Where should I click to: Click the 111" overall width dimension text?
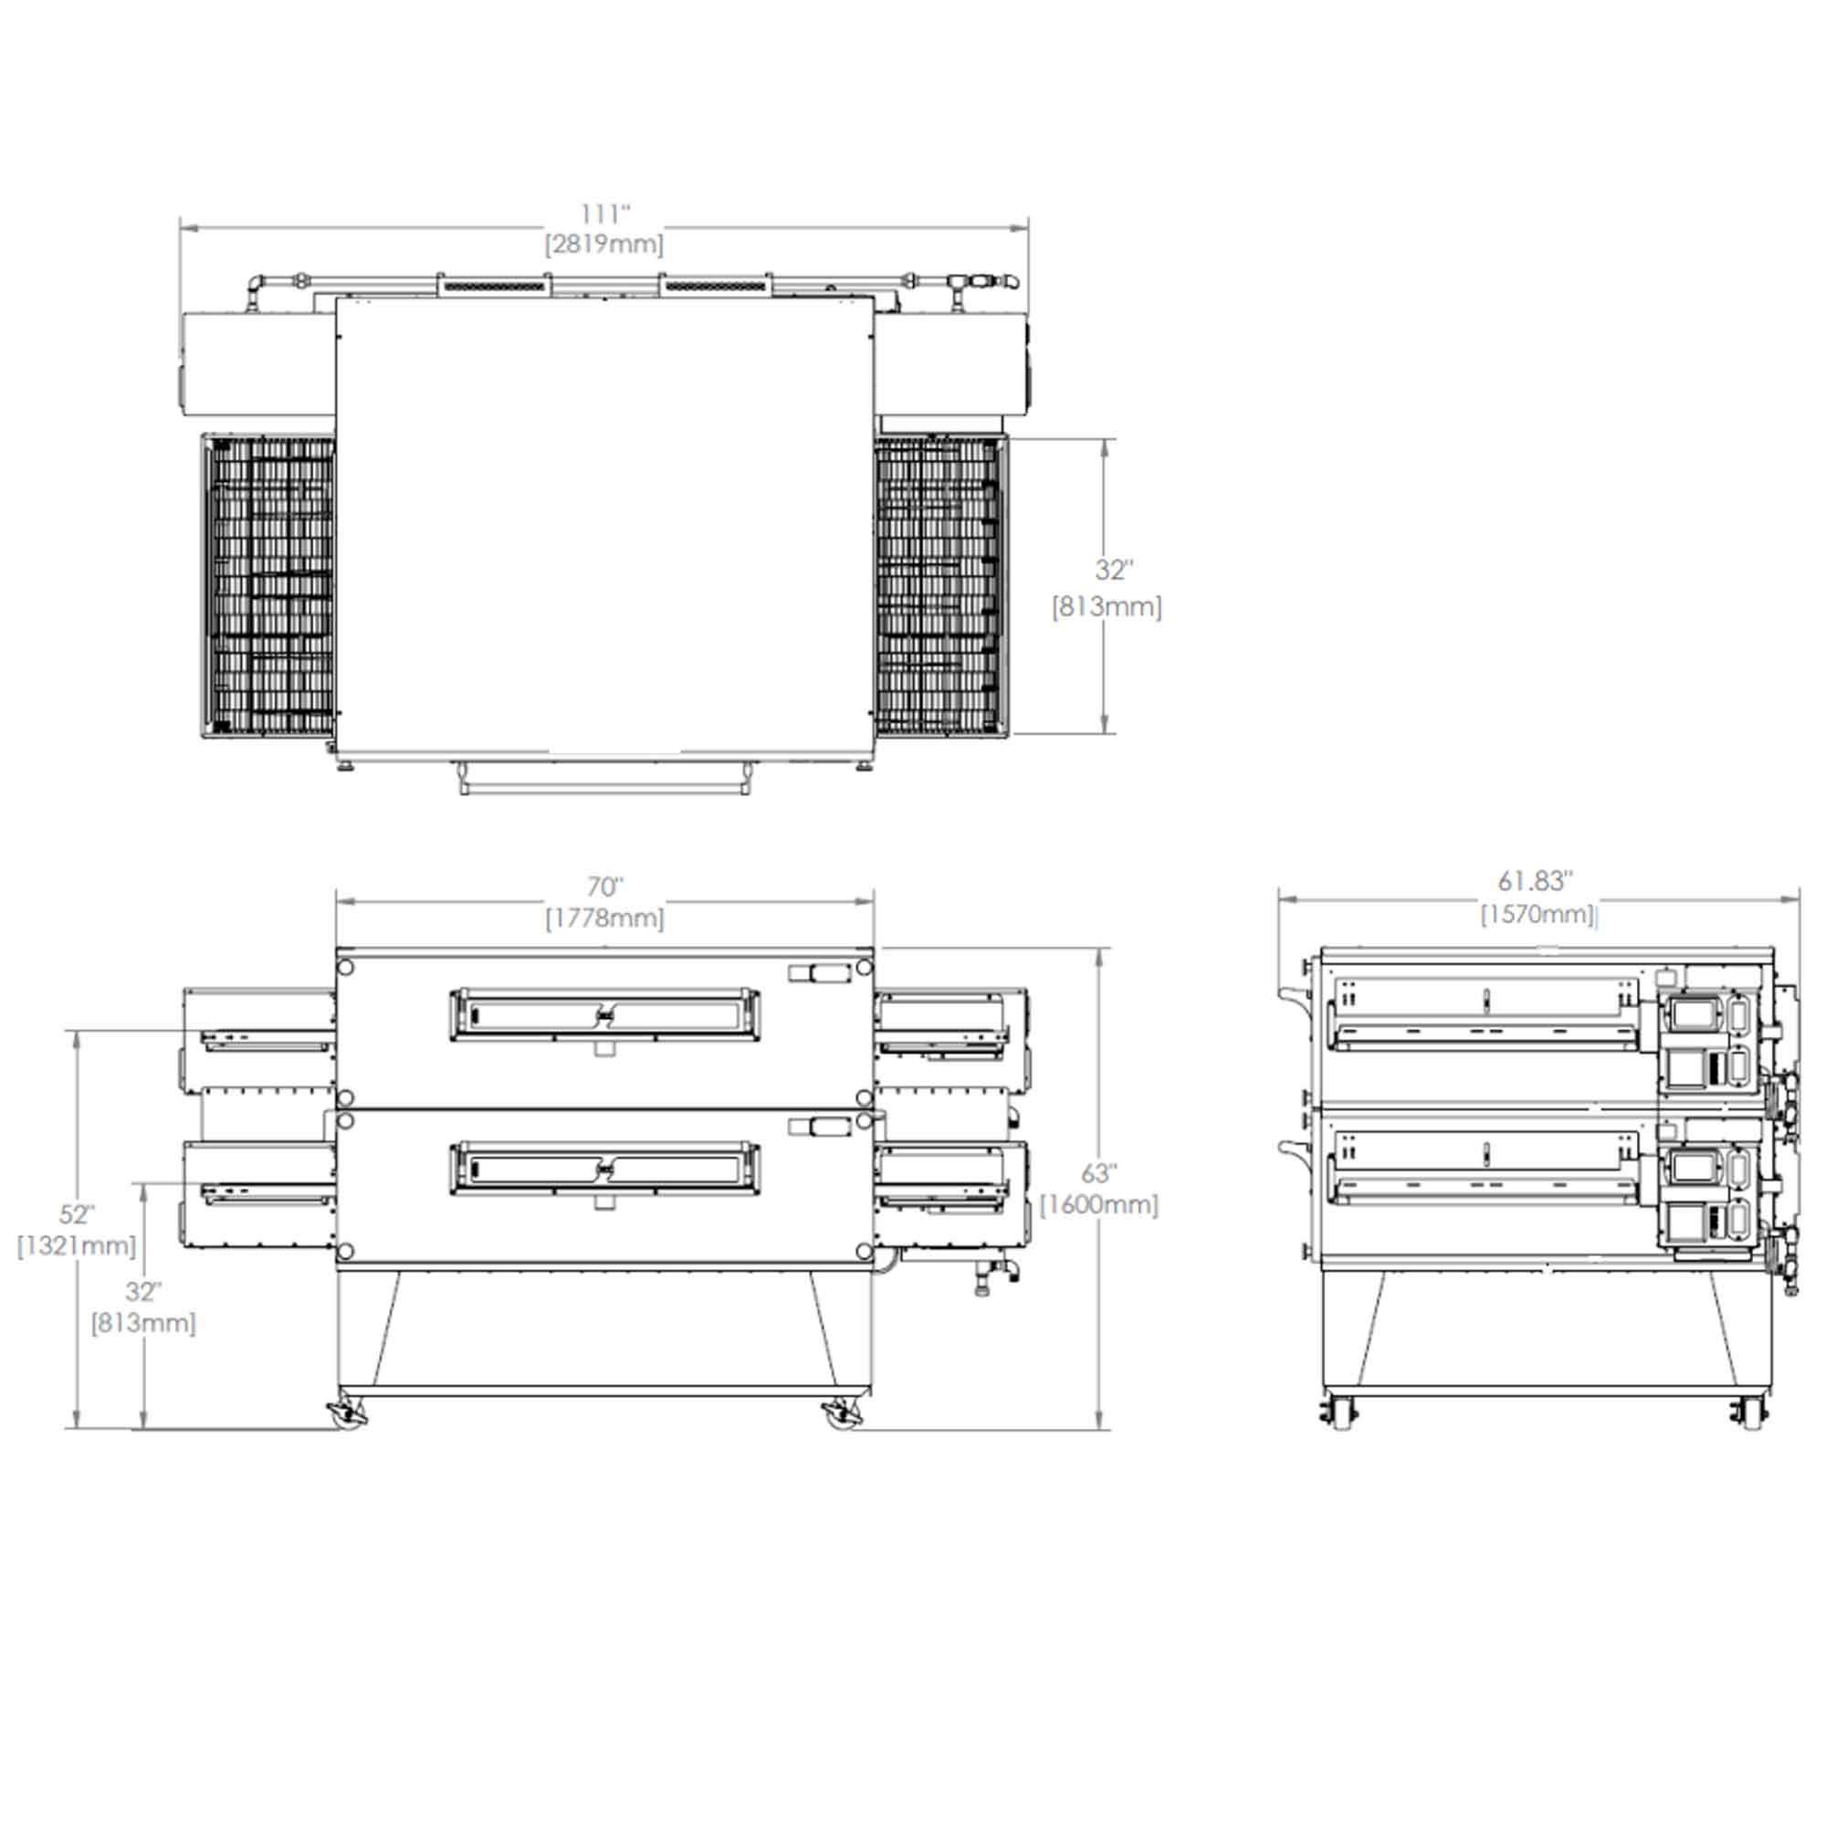pos(605,215)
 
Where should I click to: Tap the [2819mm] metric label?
pos(603,245)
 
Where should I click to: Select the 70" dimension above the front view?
pos(605,887)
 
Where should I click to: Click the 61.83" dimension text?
pos(1535,881)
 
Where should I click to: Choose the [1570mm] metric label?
pos(1537,914)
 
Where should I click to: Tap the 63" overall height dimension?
pos(1099,1173)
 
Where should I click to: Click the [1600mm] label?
pos(1099,1205)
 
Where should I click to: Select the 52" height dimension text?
pos(77,1213)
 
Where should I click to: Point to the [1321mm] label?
pos(77,1245)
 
